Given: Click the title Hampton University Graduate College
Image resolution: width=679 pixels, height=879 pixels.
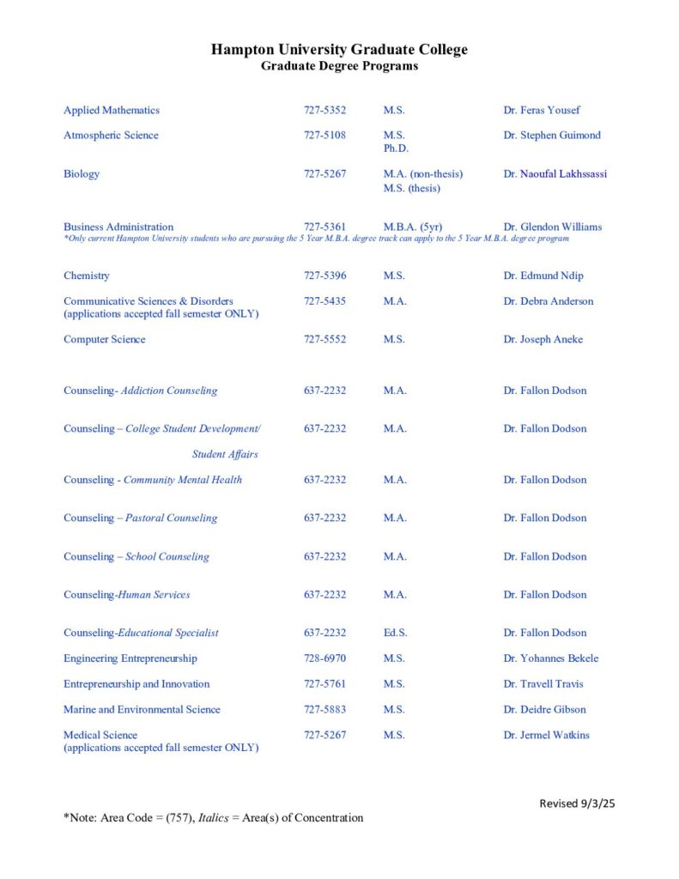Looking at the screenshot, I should pos(339,50).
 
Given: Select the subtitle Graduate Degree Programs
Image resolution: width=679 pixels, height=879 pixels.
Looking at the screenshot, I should pos(339,66).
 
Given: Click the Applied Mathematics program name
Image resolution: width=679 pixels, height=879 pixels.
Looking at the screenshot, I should pos(112,110).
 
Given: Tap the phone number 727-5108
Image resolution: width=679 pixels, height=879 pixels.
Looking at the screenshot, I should pos(324,135).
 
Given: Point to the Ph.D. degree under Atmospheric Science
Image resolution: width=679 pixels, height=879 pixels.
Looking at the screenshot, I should pos(396,149).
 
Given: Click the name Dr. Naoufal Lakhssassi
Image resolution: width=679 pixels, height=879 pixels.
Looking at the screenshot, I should pos(555,173).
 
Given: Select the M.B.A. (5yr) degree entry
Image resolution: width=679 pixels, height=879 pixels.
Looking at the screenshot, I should pos(412,227).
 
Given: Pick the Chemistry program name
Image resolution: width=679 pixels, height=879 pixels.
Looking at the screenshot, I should pos(87,276).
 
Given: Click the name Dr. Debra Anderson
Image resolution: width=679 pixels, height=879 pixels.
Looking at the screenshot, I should pos(548,301).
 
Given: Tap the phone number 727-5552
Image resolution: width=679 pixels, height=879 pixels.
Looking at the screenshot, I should pos(324,339).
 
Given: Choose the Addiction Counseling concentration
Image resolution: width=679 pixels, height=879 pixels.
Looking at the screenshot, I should pos(169,391).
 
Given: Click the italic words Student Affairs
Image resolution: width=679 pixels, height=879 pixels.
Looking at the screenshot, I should pos(225,454).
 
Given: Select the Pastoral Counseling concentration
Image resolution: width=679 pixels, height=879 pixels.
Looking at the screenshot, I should pos(172,518).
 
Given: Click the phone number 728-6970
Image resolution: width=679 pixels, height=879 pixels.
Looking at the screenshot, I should pos(324,658).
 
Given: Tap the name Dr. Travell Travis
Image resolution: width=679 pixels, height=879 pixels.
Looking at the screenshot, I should pos(545,684).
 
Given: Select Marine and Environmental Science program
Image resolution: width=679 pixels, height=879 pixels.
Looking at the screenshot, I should pos(142,710).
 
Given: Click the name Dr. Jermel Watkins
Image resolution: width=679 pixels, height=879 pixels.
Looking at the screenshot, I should pos(546,735).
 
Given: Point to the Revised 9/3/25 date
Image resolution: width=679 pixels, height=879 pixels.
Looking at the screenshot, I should pos(578,803).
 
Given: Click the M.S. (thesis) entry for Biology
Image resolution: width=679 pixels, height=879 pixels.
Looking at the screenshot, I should pos(411,188).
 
